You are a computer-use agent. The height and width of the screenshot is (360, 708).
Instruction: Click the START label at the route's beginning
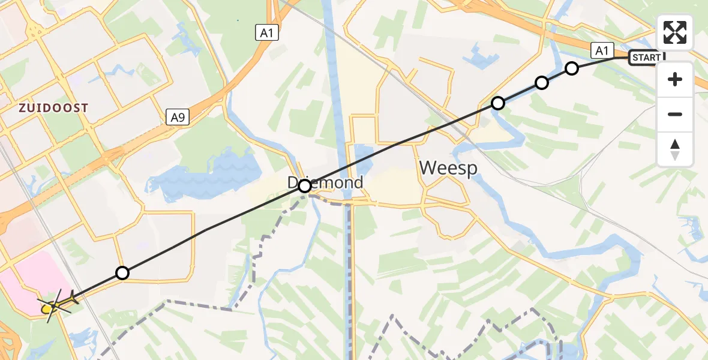tap(646, 58)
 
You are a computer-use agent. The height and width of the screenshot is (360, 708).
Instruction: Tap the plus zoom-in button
tap(675, 79)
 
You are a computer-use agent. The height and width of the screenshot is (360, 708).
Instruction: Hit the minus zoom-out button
tap(675, 114)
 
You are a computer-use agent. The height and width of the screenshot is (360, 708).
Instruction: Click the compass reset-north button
tap(675, 149)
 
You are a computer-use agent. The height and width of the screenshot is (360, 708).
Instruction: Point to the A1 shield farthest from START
tap(266, 33)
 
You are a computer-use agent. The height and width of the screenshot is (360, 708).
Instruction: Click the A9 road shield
tap(178, 118)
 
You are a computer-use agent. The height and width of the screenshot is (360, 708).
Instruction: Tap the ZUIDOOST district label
tap(53, 108)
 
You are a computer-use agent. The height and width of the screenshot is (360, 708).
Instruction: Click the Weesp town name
tap(448, 168)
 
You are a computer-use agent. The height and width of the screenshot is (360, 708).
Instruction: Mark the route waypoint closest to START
tap(572, 68)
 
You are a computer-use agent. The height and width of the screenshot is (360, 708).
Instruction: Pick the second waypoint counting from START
tap(542, 83)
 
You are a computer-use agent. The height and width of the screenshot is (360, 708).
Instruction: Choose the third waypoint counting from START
tap(497, 103)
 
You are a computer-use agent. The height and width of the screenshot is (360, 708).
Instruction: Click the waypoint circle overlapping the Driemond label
tap(305, 186)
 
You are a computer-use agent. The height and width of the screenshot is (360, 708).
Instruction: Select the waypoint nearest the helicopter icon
tap(122, 273)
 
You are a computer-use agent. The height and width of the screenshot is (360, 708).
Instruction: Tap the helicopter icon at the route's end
tap(57, 304)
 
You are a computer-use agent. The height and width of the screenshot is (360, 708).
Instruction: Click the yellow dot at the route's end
tap(47, 309)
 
